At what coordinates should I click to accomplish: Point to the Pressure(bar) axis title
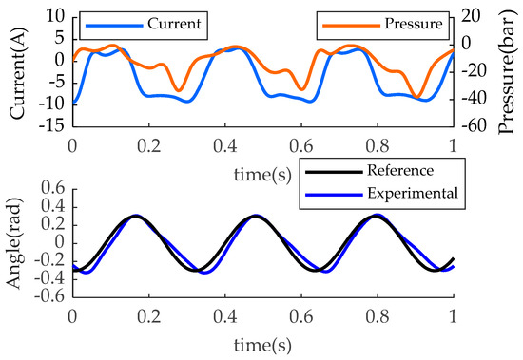click(x=509, y=70)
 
